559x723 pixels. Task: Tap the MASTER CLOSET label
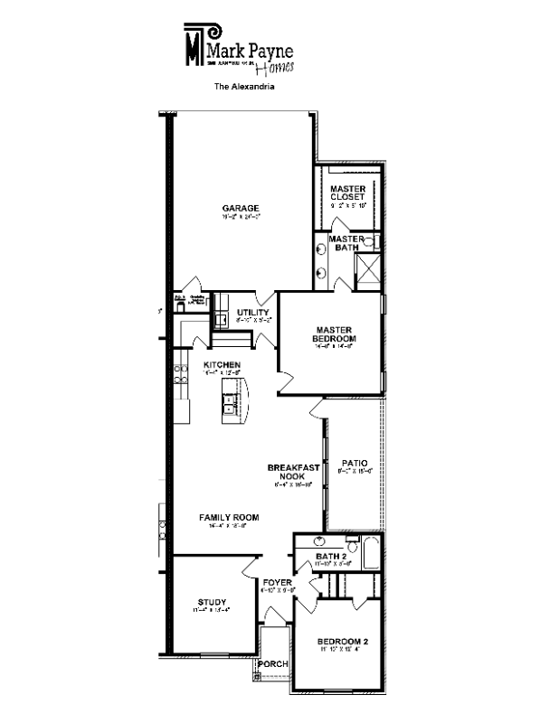click(347, 192)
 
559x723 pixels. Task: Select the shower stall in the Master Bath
click(368, 268)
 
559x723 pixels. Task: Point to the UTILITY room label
click(253, 313)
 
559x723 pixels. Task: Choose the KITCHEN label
click(222, 364)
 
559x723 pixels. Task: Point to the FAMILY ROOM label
click(229, 518)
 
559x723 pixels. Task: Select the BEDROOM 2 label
click(342, 643)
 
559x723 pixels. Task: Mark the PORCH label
click(273, 664)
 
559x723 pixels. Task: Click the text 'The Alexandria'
click(243, 89)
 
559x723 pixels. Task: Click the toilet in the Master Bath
click(370, 241)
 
